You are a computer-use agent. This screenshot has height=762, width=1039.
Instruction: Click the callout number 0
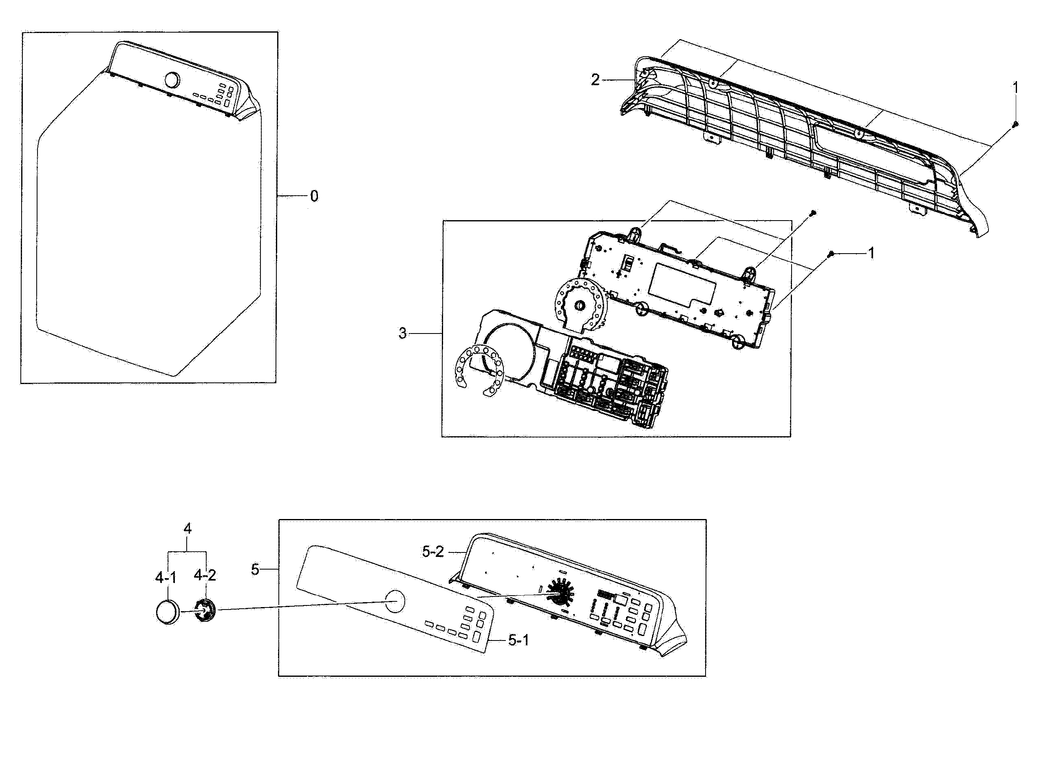tap(314, 197)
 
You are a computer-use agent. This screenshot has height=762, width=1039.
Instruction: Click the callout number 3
tap(403, 333)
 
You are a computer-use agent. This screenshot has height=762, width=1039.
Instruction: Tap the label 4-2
tap(205, 575)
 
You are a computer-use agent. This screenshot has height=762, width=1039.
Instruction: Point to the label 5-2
tap(432, 552)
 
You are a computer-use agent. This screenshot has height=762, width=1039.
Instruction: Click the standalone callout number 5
tap(255, 570)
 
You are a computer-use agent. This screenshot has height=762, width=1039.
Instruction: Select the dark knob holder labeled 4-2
tap(204, 611)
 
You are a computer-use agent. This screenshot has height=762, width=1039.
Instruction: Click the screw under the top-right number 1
tap(1015, 124)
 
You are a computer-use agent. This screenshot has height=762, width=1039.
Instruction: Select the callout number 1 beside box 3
tap(871, 253)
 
